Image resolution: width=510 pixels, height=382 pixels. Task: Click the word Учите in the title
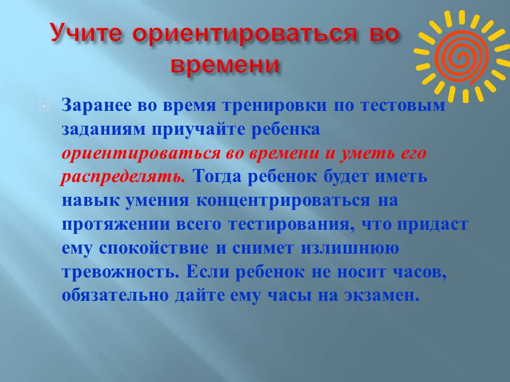(87, 33)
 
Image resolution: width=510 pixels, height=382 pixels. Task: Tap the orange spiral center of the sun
(462, 57)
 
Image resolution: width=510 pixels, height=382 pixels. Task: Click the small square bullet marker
(44, 106)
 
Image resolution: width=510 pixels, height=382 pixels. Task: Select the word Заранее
(97, 106)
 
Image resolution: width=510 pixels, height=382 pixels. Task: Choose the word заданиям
(103, 130)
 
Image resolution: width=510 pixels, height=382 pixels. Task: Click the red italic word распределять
(123, 177)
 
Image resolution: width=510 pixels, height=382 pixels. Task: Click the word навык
(91, 201)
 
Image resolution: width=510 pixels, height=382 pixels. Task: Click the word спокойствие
(154, 248)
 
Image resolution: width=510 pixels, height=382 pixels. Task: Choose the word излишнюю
(350, 248)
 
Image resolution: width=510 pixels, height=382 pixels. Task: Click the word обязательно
(115, 296)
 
